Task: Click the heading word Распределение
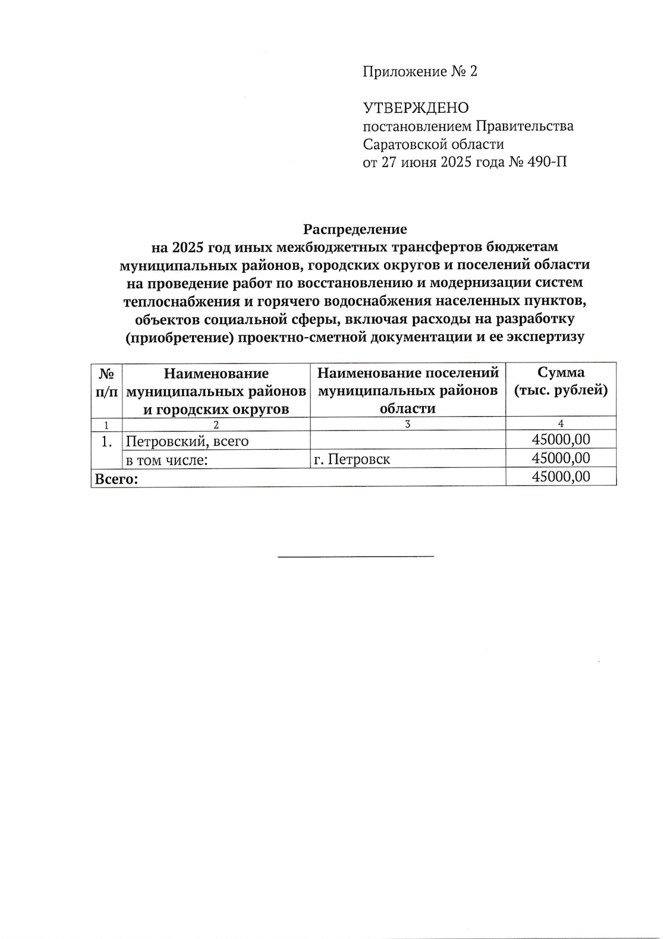(x=355, y=229)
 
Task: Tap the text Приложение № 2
(x=419, y=71)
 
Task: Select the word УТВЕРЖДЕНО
(x=416, y=108)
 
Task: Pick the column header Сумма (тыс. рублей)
(x=561, y=381)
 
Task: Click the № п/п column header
(x=106, y=382)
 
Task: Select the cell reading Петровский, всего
(x=187, y=442)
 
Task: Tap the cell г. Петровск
(x=352, y=459)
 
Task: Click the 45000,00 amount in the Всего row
(x=561, y=476)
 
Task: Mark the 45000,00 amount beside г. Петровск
(x=561, y=458)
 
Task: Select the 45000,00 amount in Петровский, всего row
(x=561, y=440)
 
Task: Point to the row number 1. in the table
(x=107, y=442)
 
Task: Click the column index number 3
(x=408, y=424)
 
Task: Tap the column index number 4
(x=561, y=424)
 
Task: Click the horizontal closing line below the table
(x=355, y=556)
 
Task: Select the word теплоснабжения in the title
(x=178, y=302)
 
